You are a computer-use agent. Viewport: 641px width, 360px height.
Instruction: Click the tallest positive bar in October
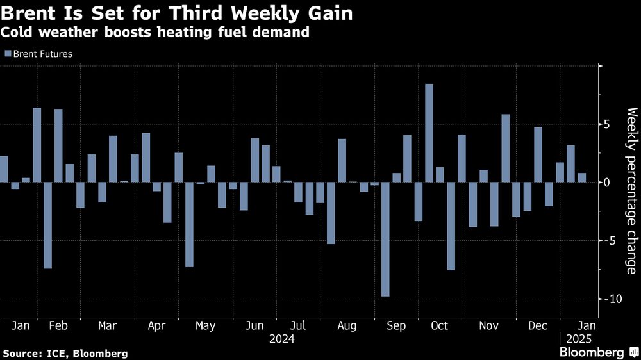[429, 133]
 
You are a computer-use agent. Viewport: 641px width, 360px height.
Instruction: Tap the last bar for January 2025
[582, 177]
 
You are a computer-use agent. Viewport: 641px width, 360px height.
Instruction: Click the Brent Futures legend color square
[8, 54]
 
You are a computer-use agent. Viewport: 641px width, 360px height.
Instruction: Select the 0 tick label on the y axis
[606, 183]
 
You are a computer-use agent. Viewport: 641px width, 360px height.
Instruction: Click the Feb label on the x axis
[58, 325]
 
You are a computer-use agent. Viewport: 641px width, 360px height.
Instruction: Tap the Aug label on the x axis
[347, 325]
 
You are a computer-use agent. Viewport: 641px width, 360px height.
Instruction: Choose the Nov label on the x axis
[489, 325]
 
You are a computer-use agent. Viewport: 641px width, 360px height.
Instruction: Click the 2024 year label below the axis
[282, 338]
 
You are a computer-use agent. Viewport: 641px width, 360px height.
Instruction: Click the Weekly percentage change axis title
[631, 190]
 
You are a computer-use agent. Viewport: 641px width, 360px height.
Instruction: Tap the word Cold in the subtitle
[17, 32]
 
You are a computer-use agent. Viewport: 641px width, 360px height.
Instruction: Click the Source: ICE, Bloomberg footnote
[65, 353]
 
